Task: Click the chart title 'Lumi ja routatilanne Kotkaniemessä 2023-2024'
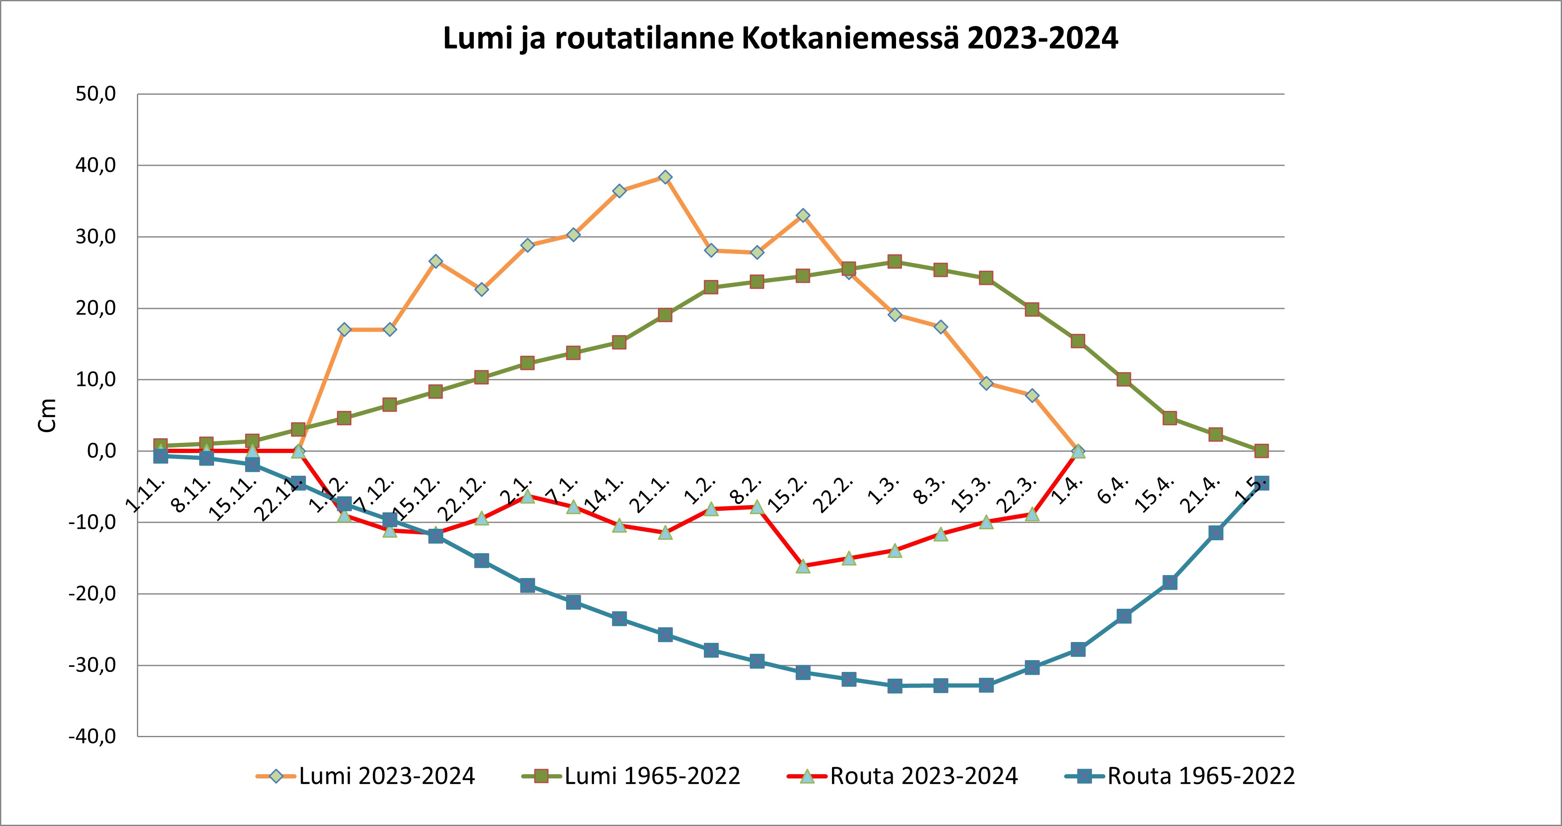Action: click(x=781, y=39)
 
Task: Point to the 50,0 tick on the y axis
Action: click(x=96, y=95)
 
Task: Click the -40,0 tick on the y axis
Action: click(x=93, y=737)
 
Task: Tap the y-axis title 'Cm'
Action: click(x=47, y=415)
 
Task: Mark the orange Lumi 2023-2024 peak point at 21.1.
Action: click(x=665, y=177)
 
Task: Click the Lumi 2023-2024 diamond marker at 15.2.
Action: click(x=803, y=216)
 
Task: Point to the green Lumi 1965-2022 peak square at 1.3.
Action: click(x=894, y=262)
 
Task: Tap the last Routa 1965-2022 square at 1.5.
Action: click(x=1261, y=483)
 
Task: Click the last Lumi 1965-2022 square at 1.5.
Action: click(x=1261, y=451)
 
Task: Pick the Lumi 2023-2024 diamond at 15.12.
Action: click(x=436, y=261)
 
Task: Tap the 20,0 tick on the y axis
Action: click(x=96, y=309)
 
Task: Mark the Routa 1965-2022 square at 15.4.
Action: click(x=1170, y=582)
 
